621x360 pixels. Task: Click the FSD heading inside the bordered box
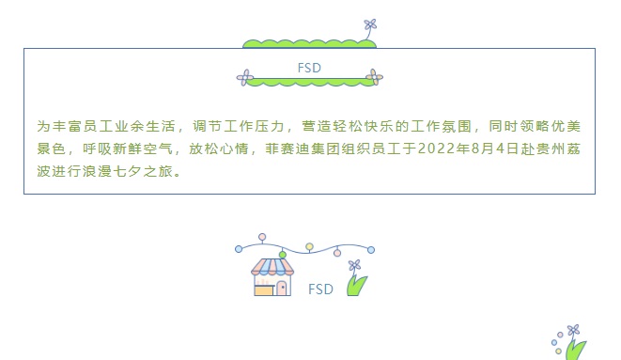(x=309, y=68)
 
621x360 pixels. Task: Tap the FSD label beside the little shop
(x=320, y=290)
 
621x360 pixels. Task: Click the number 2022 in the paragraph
(x=436, y=149)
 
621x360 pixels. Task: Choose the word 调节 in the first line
(x=207, y=126)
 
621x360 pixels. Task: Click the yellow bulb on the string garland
(x=309, y=247)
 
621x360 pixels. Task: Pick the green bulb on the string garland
(x=283, y=255)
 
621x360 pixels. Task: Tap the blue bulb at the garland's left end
(x=239, y=249)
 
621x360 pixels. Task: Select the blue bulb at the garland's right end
(x=371, y=249)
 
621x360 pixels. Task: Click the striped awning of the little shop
(x=272, y=267)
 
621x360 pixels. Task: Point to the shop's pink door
(x=282, y=288)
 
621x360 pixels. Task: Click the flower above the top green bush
(x=370, y=25)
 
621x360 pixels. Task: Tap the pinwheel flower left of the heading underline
(x=245, y=78)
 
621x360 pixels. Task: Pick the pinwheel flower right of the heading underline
(x=374, y=77)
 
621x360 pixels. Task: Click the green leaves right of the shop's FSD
(x=356, y=285)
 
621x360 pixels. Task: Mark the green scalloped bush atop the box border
(x=309, y=44)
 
